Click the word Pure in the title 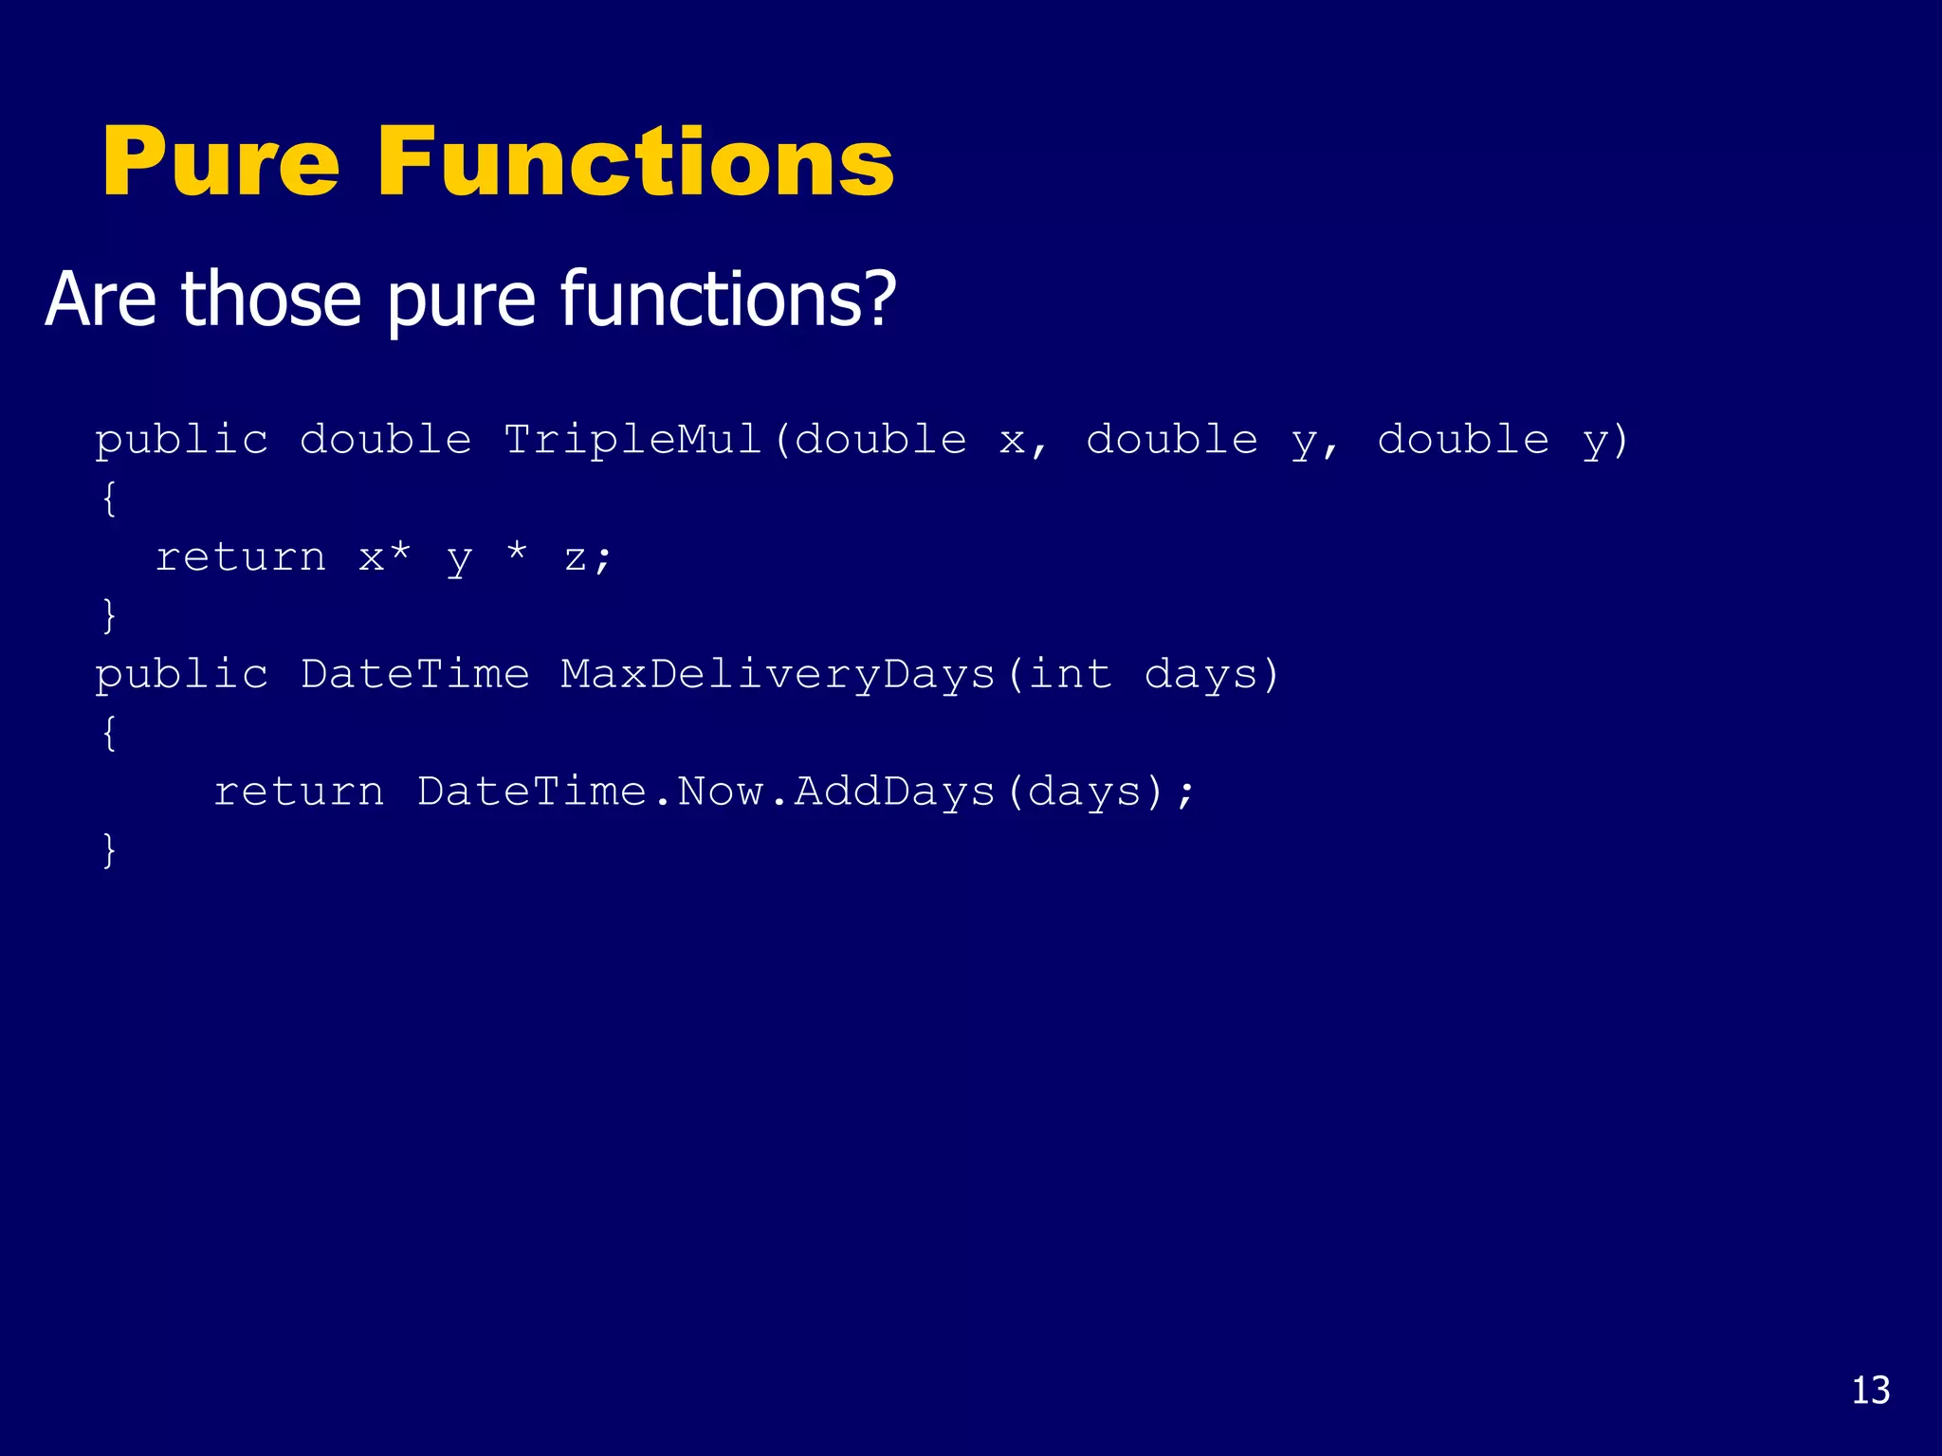220,162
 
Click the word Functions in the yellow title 635,162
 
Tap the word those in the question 271,299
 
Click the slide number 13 1870,1391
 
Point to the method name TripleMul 632,439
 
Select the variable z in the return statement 575,557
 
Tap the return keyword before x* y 241,556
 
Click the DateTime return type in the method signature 414,674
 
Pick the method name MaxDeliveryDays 778,674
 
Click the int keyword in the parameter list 1070,674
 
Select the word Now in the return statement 721,791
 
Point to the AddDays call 894,791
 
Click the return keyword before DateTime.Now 299,791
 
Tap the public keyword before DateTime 181,674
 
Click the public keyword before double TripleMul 181,440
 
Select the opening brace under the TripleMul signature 109,499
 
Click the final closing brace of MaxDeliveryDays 109,849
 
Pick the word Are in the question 101,299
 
